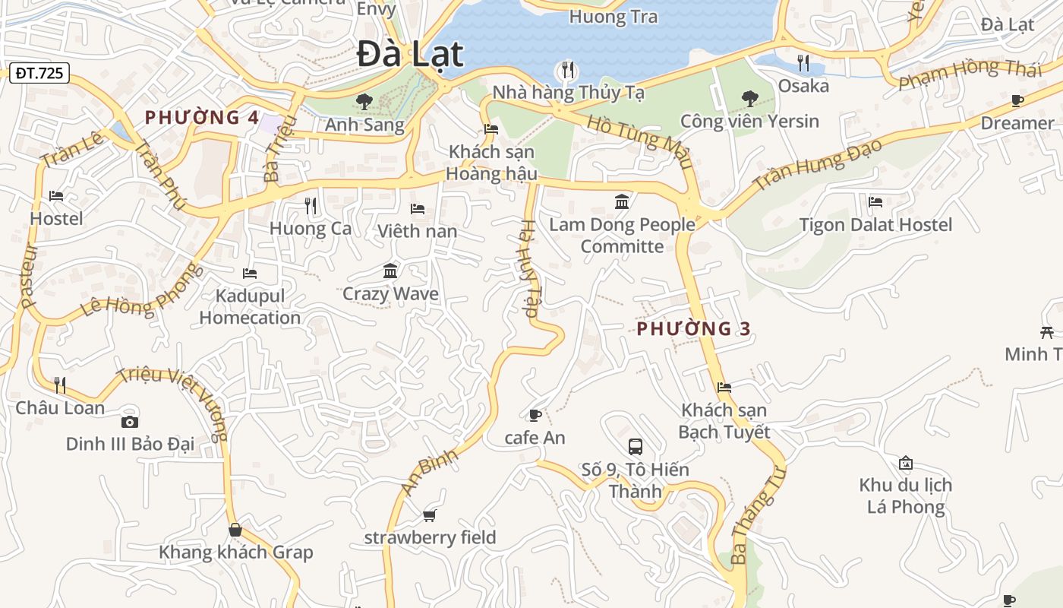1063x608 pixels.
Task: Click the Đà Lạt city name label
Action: click(410, 55)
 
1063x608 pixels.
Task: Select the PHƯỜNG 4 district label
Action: click(202, 118)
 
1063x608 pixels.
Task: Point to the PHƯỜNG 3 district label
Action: click(693, 329)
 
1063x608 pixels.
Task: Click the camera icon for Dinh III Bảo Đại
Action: click(130, 422)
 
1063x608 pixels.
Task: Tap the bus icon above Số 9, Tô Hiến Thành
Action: click(636, 447)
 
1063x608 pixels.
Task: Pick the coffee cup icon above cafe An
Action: click(535, 415)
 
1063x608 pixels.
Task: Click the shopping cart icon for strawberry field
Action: click(430, 516)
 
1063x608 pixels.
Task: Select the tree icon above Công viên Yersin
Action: click(749, 98)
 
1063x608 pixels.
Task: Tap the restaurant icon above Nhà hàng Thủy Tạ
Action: click(568, 71)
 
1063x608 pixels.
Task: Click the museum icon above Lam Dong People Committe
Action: click(622, 201)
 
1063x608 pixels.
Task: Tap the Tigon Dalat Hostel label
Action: click(875, 225)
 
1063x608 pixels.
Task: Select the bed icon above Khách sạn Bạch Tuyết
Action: click(724, 388)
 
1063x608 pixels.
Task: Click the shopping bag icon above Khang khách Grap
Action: click(235, 530)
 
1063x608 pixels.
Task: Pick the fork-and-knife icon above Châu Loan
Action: click(60, 385)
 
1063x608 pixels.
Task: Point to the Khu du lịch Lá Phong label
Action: click(906, 496)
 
